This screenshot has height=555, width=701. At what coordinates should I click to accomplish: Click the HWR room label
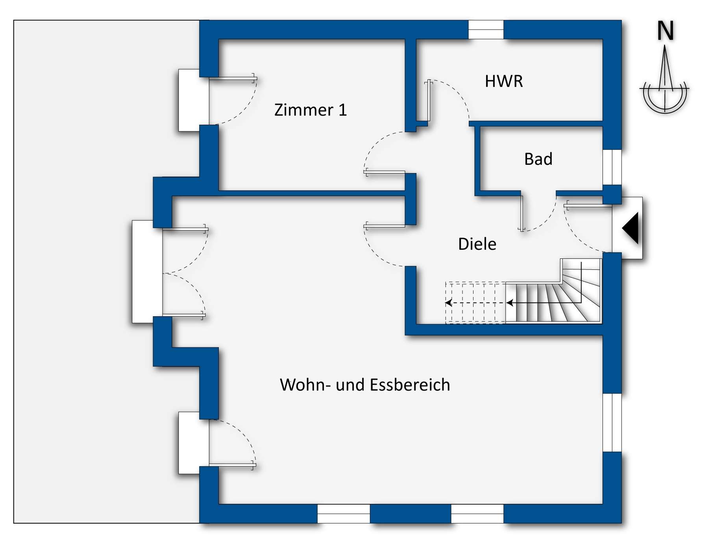(503, 81)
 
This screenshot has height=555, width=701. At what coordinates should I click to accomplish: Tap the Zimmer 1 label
(310, 110)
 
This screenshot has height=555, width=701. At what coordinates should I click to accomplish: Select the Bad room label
(538, 159)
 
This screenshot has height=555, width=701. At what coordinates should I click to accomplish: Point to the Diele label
(477, 244)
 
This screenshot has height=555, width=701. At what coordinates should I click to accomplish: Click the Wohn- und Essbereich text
(364, 385)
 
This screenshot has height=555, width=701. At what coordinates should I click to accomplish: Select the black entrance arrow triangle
(631, 228)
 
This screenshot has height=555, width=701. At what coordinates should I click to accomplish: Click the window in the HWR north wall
(486, 30)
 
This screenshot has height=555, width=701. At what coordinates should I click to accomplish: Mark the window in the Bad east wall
(612, 167)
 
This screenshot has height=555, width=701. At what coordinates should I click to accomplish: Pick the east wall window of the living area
(612, 422)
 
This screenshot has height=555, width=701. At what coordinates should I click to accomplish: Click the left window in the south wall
(343, 514)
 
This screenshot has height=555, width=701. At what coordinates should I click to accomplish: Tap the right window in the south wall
(477, 514)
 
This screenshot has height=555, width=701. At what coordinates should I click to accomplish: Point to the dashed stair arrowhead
(448, 303)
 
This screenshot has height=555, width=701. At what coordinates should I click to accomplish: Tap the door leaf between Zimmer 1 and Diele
(385, 172)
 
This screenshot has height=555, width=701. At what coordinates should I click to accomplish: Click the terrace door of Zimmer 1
(232, 79)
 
